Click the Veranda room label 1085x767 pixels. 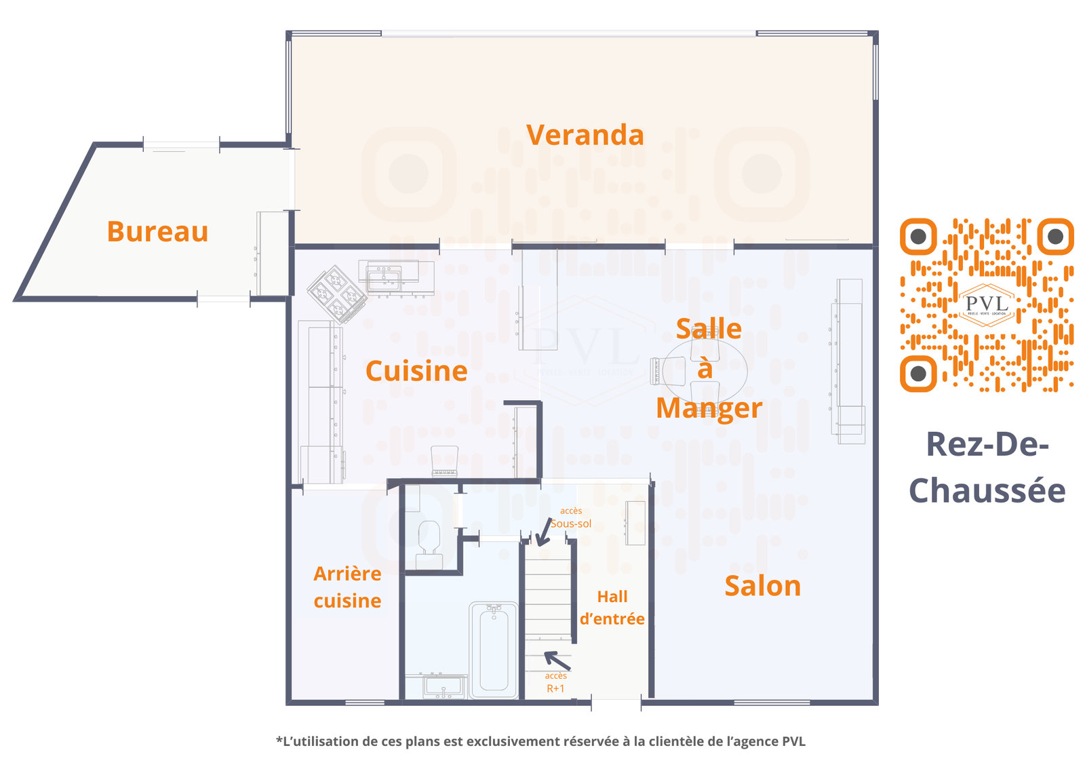tap(585, 135)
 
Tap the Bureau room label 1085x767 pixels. tap(157, 231)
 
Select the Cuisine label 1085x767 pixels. tap(416, 371)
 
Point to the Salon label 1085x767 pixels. tap(762, 586)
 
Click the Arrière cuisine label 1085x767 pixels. tap(347, 587)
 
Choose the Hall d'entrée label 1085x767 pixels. tap(612, 608)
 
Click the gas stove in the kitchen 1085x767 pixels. tap(337, 294)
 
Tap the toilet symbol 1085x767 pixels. tap(429, 545)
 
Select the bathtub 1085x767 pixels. tap(494, 650)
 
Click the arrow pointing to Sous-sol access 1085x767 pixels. tap(544, 532)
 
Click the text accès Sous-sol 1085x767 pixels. tap(571, 517)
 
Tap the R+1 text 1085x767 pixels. tap(555, 688)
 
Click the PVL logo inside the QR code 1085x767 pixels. tap(987, 304)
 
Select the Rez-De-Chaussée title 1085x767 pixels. tap(987, 467)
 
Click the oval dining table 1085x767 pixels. tap(705, 371)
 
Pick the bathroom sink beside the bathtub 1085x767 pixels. tap(443, 686)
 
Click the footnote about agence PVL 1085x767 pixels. tap(540, 741)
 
